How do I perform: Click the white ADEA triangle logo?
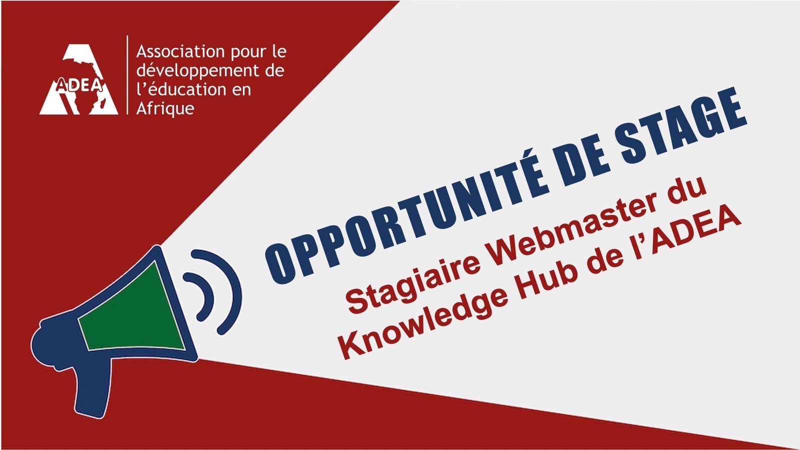[78, 79]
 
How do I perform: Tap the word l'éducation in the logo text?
[177, 89]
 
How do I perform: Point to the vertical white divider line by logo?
[127, 75]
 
